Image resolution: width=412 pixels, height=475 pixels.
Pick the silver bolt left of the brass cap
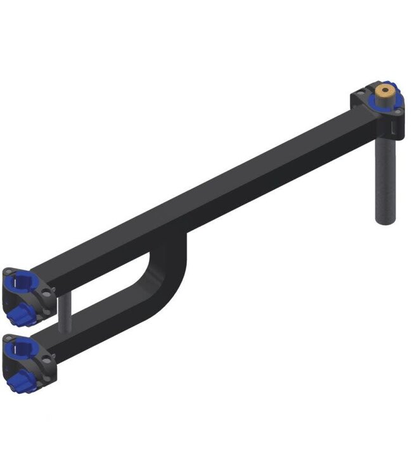click(x=362, y=94)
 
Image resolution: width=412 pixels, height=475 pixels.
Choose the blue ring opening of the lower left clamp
click(x=18, y=348)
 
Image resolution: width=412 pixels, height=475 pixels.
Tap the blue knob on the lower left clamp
click(x=19, y=379)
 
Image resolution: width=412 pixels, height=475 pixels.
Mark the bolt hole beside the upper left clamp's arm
click(x=47, y=291)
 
